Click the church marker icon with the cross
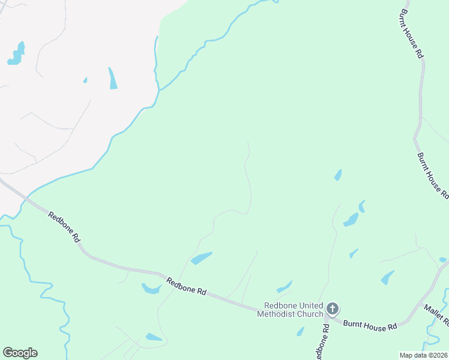(x=332, y=309)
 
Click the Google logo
(x=20, y=353)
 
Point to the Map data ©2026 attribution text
(x=423, y=355)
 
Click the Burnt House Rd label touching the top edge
(x=412, y=33)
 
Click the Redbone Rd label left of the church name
(x=186, y=286)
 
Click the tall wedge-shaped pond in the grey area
(x=112, y=79)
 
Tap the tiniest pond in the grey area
(x=85, y=80)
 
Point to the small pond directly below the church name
(x=300, y=331)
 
